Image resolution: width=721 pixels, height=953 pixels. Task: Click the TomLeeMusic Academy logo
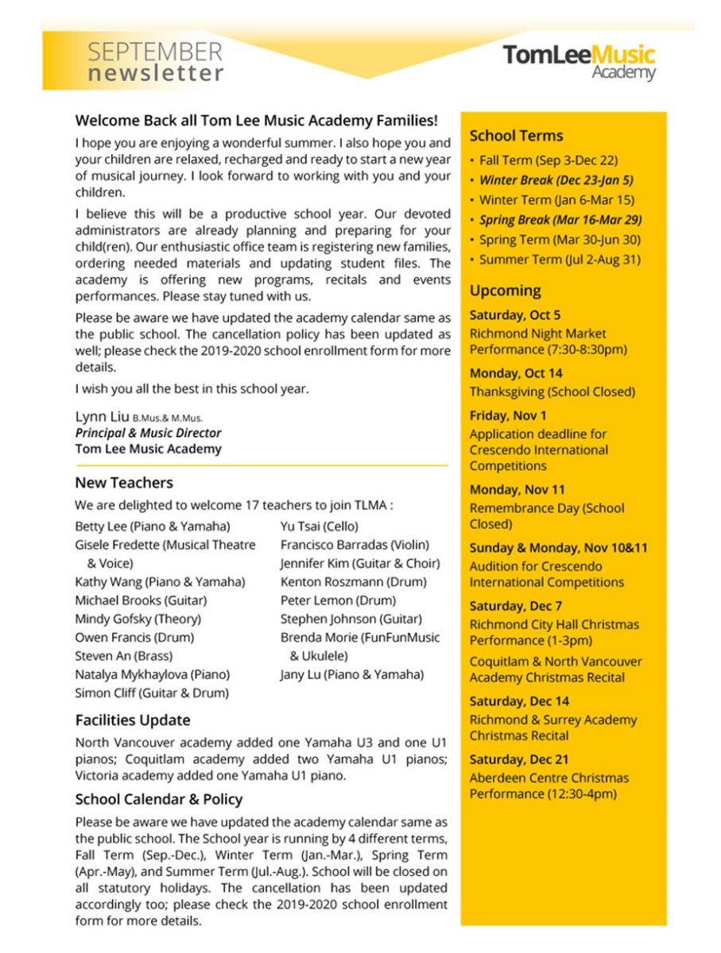(x=578, y=61)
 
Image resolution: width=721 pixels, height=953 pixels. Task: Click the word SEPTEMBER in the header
(x=155, y=52)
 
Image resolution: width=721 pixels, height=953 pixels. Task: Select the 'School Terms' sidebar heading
(x=516, y=136)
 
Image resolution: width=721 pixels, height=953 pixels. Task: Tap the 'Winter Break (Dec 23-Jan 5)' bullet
(x=556, y=180)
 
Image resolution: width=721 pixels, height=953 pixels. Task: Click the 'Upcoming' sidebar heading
(x=505, y=291)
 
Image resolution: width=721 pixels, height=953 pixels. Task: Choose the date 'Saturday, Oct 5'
(x=514, y=314)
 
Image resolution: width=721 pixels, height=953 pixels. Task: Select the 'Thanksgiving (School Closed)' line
(x=552, y=392)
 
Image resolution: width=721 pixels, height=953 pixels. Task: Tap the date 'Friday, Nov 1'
(x=508, y=415)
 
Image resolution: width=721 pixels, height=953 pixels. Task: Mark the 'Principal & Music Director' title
(x=148, y=434)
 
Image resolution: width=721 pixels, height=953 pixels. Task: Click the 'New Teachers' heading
(x=123, y=483)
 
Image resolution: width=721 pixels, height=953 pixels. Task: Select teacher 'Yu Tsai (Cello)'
(x=319, y=527)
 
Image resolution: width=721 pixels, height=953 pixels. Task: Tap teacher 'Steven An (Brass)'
(x=123, y=656)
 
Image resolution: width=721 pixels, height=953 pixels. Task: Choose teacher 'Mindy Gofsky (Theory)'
(x=138, y=619)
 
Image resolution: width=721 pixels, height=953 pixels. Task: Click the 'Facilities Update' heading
(x=133, y=720)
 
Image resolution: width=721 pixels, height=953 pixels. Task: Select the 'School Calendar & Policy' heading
(x=158, y=800)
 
